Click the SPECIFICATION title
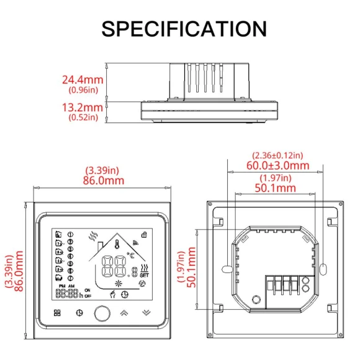[x=184, y=28]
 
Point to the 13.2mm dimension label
[x=82, y=107]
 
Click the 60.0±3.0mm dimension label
[x=277, y=165]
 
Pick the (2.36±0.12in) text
[x=277, y=155]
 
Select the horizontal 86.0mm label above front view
[x=100, y=181]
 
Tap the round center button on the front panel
[x=101, y=313]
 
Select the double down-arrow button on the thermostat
[x=146, y=313]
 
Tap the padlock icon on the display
[x=145, y=235]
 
